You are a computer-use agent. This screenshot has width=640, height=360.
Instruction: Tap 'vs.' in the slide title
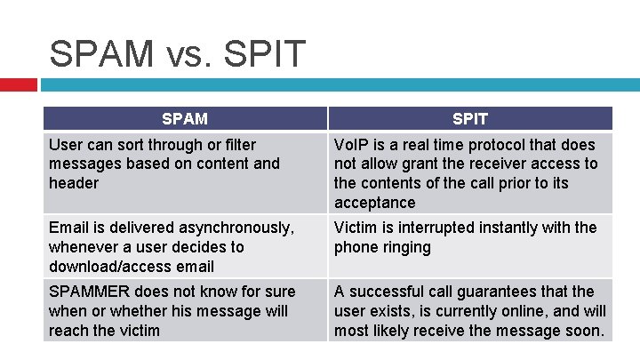184,55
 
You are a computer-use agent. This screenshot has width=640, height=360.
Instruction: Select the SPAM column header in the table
185,118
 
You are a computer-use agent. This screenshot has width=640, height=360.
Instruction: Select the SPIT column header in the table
469,118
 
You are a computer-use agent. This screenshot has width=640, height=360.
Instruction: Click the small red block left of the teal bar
18,84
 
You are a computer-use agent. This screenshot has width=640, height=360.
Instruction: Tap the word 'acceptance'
374,203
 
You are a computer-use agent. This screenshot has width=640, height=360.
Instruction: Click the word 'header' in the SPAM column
74,183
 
